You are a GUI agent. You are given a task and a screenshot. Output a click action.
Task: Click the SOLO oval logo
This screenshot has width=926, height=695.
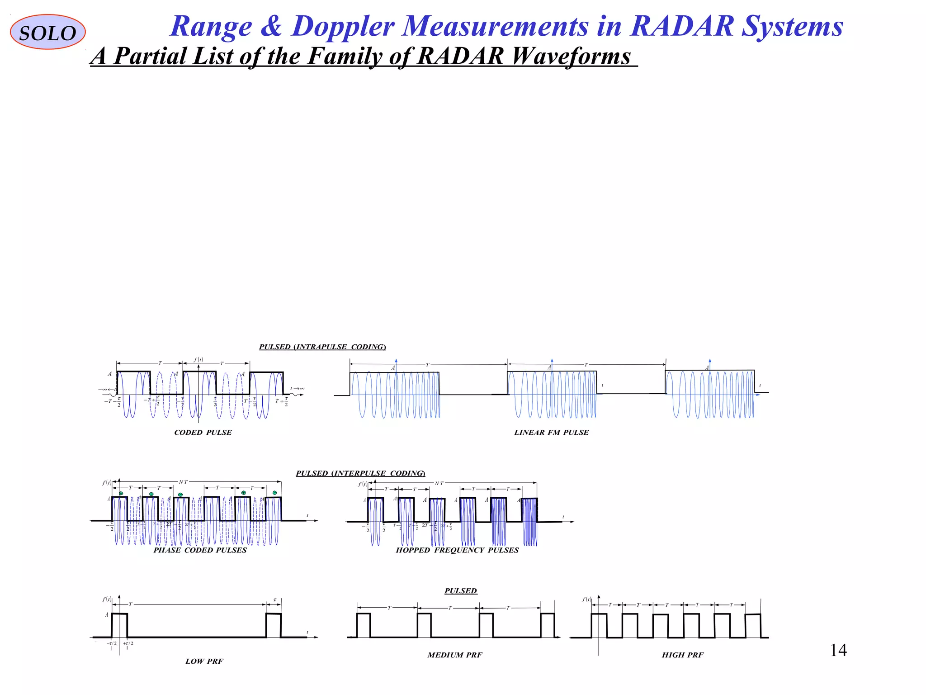pos(47,32)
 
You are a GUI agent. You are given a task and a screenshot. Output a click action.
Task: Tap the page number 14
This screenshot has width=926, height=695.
pos(838,650)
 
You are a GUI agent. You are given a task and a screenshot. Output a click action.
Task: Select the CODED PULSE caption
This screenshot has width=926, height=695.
pos(203,433)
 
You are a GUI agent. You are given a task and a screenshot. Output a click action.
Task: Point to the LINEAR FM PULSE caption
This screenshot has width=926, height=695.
pos(551,433)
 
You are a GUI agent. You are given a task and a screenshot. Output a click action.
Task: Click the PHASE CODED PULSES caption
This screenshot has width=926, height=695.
pos(200,550)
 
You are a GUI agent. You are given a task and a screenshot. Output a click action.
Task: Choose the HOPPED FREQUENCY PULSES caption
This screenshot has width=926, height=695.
pos(457,550)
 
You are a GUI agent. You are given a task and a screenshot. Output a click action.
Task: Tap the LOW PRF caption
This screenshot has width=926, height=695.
pos(204,661)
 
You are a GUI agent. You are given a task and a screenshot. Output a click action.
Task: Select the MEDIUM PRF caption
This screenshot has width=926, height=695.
pos(455,655)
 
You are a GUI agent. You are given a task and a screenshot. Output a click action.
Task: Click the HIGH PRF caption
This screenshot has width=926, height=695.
pos(682,655)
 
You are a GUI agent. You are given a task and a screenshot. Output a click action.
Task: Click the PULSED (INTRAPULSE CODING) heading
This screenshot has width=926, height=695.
pos(322,347)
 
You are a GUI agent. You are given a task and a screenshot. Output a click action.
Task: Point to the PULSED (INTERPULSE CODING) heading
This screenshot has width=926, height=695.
pos(360,473)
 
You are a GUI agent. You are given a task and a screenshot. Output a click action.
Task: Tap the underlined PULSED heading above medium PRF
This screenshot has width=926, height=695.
pos(461,591)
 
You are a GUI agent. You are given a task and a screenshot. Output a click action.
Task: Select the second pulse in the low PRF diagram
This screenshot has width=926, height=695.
pos(274,625)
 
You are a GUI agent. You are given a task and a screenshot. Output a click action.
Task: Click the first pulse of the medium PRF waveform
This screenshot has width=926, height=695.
pos(364,625)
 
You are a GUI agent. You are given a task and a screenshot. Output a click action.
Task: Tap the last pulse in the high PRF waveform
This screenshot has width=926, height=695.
pos(753,625)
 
